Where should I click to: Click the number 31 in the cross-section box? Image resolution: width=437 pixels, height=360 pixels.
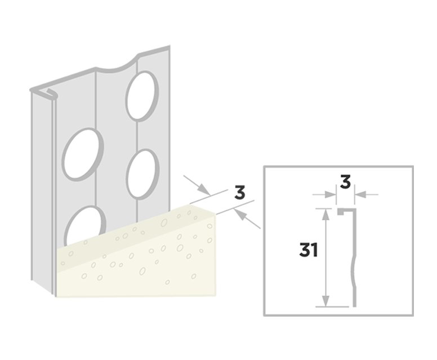coord(308,250)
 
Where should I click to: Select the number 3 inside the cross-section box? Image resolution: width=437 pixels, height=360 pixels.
coord(345,182)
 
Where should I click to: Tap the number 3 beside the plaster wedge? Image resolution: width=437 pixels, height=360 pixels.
coord(240,193)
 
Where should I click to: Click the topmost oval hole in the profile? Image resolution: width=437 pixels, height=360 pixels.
coord(142,96)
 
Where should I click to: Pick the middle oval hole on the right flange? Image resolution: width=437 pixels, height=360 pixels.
coord(143,174)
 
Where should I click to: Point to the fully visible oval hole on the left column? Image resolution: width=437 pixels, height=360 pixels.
coord(83,154)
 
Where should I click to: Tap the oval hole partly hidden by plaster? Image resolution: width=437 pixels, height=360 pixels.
coord(85,225)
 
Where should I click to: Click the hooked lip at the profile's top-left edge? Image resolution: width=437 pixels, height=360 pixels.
coord(51,94)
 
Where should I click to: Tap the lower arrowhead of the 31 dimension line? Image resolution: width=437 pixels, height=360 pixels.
coord(325,301)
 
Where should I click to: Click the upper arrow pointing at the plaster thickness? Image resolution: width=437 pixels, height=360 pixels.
coord(197,185)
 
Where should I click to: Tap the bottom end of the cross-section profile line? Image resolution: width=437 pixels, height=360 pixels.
coord(355,306)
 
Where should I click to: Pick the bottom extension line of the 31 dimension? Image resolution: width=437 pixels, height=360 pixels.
coord(332,306)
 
